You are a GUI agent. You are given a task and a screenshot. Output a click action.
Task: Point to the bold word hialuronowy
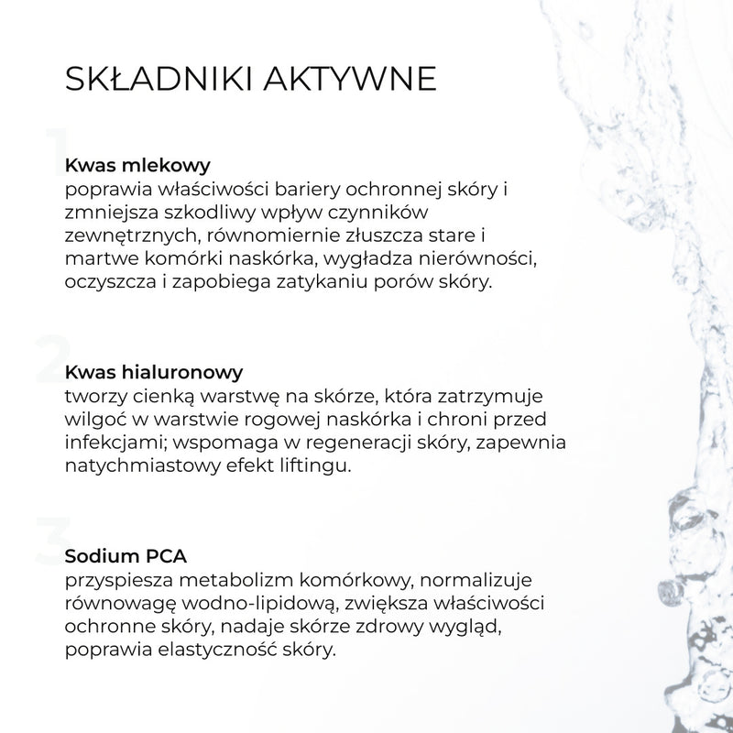click(177, 373)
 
